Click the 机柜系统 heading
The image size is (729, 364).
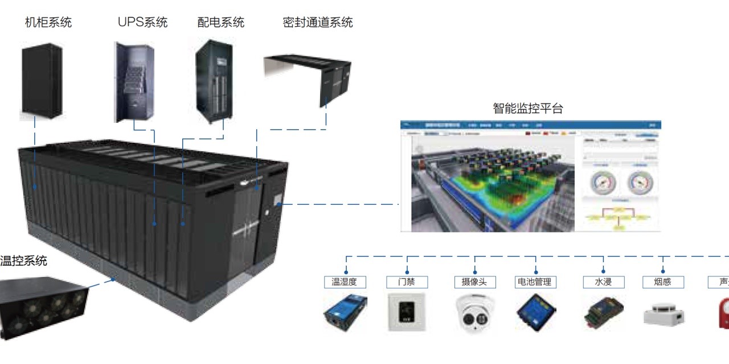[48, 23]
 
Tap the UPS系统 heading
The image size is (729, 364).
[142, 23]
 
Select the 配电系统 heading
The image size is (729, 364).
[220, 23]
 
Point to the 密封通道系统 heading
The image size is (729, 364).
[317, 23]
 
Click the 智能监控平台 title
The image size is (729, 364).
[527, 109]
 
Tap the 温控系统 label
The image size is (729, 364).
[23, 262]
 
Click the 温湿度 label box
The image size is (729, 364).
[345, 282]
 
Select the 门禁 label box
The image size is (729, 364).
[407, 282]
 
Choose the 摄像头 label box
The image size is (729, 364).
[475, 282]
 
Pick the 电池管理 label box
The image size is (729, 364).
[535, 282]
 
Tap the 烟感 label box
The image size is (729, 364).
[663, 282]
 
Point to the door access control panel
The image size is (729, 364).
[406, 312]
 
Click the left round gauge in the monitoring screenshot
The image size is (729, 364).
[603, 183]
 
